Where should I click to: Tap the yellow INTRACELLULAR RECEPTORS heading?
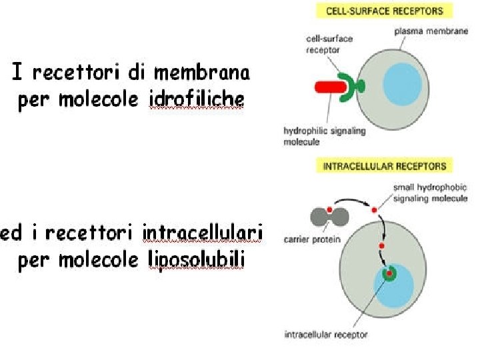pos(384,166)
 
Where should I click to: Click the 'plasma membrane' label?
pos(421,31)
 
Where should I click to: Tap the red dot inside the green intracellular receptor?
pos(388,273)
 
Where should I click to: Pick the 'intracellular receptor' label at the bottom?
pos(325,335)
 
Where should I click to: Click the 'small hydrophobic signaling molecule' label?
pos(430,193)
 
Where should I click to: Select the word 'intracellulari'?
pos(203,233)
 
